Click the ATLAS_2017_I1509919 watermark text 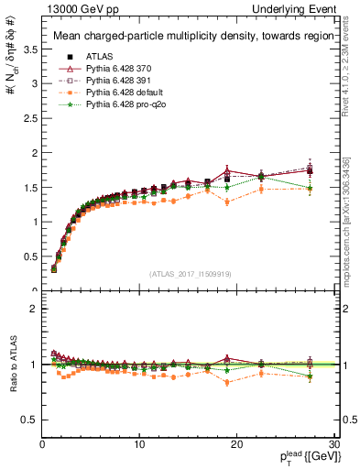[189, 274]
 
